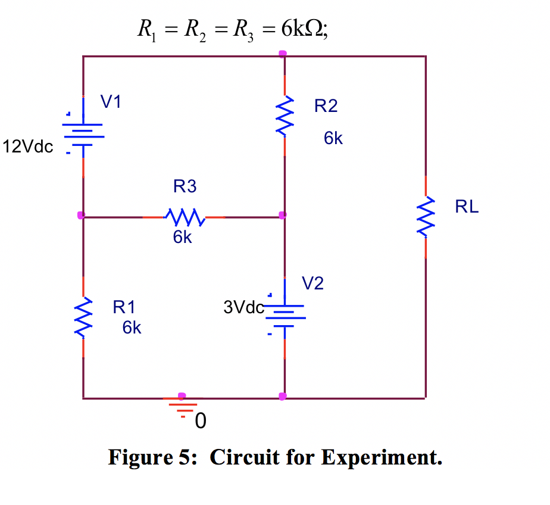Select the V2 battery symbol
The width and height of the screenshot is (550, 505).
coord(285,316)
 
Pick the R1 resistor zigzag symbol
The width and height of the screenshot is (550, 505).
coord(83,318)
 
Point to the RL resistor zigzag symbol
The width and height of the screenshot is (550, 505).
coord(426,217)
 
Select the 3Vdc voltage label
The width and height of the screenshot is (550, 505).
coord(243,307)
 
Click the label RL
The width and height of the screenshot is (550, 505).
coord(467,207)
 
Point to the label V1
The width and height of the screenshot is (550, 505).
coord(111,102)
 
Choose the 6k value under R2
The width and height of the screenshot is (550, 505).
coord(333,139)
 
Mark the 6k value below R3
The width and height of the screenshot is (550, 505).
coord(183,238)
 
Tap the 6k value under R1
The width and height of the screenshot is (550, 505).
coord(132,328)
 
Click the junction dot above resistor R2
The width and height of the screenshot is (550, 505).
coord(283,54)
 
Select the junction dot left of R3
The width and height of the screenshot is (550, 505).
coord(81,215)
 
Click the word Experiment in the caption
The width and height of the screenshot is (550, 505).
coord(382,457)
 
